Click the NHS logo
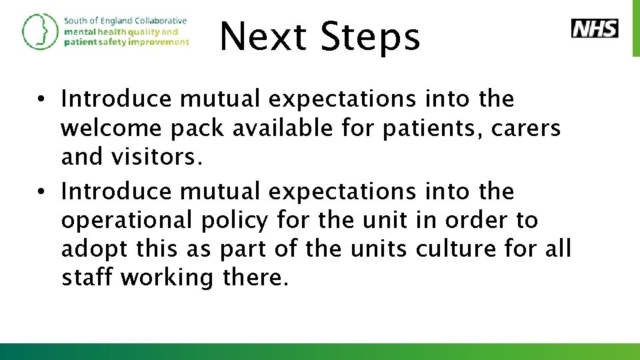click(595, 29)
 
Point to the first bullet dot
click(41, 100)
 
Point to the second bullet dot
click(41, 193)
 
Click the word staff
click(86, 277)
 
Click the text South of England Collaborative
click(125, 21)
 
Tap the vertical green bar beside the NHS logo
click(635, 28)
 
